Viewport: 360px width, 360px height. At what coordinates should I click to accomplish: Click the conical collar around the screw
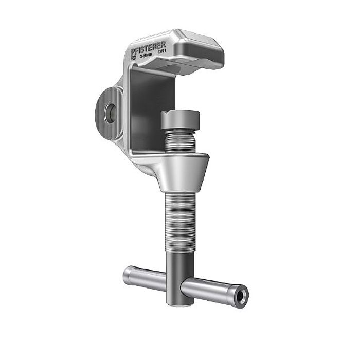(x=183, y=172)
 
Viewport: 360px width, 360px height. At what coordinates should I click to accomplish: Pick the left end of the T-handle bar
(x=129, y=275)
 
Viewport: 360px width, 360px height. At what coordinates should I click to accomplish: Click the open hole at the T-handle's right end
(x=240, y=295)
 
